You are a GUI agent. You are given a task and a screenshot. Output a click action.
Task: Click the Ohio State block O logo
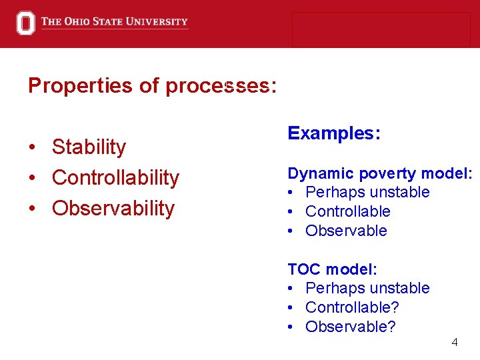click(25, 23)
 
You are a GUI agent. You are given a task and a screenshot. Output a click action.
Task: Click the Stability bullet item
click(89, 147)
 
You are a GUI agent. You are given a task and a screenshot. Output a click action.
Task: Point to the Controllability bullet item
click(115, 177)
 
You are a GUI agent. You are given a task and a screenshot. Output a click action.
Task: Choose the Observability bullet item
click(113, 208)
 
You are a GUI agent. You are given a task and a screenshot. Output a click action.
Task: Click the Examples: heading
click(334, 133)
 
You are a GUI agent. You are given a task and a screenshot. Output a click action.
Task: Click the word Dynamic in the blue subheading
click(321, 174)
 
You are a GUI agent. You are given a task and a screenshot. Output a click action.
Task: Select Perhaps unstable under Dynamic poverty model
click(367, 193)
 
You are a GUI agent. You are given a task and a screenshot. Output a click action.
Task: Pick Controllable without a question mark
click(347, 212)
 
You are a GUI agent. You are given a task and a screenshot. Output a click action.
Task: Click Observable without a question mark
click(346, 231)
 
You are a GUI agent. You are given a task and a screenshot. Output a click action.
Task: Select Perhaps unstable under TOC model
click(367, 289)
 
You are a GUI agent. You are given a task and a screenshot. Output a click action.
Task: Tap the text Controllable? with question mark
click(352, 308)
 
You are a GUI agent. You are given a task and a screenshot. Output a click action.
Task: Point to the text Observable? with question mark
click(350, 327)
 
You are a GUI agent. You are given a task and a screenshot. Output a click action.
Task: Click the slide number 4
click(455, 343)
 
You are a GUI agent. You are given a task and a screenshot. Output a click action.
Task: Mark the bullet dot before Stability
click(31, 147)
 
